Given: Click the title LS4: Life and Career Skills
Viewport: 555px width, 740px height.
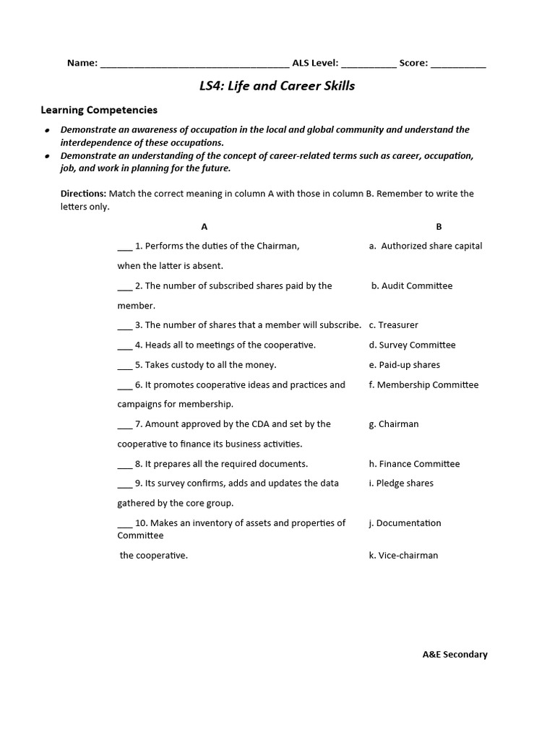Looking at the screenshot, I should tap(277, 87).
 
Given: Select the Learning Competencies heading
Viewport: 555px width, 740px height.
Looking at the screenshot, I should tap(98, 111).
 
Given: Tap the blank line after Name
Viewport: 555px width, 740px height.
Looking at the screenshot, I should tap(194, 64).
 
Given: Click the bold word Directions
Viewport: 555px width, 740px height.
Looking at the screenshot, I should tap(83, 194).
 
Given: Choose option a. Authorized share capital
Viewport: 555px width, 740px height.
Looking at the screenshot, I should tap(425, 246).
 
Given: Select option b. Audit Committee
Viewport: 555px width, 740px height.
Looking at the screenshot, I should tap(412, 285).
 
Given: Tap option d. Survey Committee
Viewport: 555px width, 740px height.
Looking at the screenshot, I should tap(412, 345).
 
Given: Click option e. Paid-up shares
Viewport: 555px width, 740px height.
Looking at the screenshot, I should tap(404, 365).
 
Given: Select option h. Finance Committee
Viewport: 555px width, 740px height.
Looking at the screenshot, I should tap(414, 464).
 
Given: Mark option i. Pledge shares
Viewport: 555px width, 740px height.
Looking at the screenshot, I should tap(401, 483).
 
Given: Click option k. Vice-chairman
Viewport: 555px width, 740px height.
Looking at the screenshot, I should tap(403, 556).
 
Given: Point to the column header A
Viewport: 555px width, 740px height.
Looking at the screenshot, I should tap(205, 226).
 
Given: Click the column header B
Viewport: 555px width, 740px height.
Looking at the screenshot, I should tap(439, 226).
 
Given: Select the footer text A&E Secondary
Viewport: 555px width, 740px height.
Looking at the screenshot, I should tap(455, 655).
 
